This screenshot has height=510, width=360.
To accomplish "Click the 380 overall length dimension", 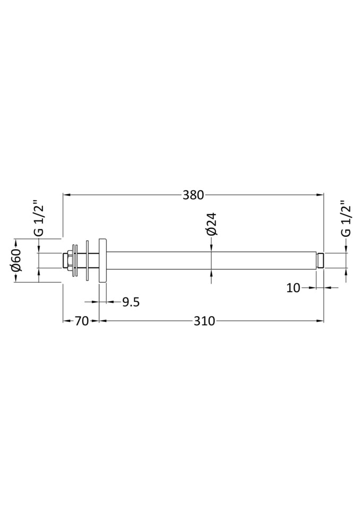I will [193, 195].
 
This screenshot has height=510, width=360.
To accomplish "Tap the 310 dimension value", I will [204, 321].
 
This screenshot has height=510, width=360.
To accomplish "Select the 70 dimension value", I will [81, 321].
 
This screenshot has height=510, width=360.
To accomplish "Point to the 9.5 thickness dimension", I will [131, 302].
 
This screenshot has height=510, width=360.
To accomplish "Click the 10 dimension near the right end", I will [294, 288].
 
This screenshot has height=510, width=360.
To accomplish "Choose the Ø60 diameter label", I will [16, 260].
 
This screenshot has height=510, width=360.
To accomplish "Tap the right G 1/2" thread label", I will [345, 218].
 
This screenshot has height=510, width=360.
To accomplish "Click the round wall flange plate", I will [103, 260].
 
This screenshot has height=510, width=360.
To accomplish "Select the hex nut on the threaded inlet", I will [67, 260].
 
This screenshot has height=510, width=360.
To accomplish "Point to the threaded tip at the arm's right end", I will [321, 260].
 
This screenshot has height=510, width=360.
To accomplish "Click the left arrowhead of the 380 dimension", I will [67, 195].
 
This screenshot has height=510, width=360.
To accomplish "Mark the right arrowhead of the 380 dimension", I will [320, 195].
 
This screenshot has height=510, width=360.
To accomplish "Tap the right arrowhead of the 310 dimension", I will [320, 321].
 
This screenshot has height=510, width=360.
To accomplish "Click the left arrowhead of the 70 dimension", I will [66, 321].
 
